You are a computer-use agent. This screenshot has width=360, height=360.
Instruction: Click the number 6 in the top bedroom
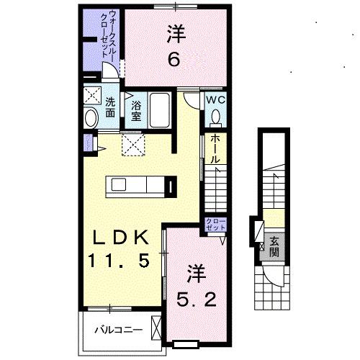click(174, 60)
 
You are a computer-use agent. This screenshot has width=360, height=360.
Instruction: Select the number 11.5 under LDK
click(120, 261)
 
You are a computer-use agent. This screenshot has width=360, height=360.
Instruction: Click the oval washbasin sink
click(91, 118)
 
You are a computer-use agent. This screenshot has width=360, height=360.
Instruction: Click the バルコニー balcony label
click(119, 332)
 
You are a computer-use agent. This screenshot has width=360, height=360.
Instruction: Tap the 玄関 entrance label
click(274, 247)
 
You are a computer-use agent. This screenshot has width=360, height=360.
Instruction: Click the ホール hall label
click(215, 148)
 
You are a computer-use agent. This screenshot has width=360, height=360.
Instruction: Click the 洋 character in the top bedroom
click(174, 33)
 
